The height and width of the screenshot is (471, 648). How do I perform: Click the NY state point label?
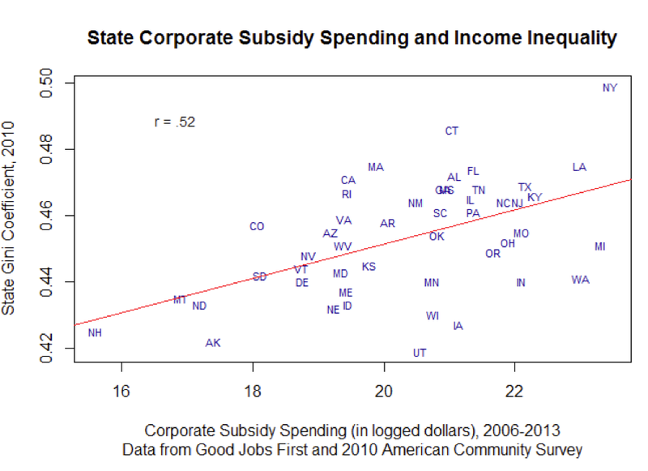(x=610, y=88)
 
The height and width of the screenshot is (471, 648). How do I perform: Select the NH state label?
(x=95, y=333)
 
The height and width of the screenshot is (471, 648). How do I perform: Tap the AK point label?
(x=213, y=343)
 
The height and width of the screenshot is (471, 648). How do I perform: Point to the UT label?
(x=420, y=353)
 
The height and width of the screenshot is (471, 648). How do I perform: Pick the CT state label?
(x=452, y=131)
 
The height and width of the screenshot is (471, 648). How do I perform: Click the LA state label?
(x=579, y=167)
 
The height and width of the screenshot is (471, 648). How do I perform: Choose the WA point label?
(x=580, y=280)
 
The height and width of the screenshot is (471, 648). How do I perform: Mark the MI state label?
(x=600, y=246)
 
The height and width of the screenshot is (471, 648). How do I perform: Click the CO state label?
(x=257, y=226)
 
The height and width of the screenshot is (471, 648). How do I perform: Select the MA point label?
(x=376, y=167)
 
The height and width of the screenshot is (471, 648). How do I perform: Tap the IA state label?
(x=458, y=326)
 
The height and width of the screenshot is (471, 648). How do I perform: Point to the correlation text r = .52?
(x=175, y=122)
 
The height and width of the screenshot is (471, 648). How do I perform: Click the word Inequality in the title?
(x=565, y=38)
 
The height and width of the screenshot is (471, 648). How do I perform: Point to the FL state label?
(x=473, y=171)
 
